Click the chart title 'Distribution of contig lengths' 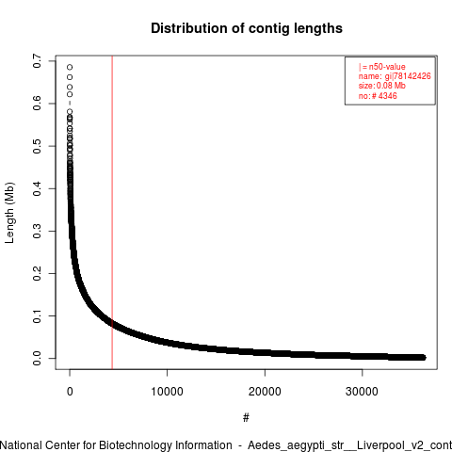point(247,28)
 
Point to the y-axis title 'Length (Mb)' point(9,213)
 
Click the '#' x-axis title point(246,418)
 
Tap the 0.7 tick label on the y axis point(37,61)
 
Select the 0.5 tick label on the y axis point(37,146)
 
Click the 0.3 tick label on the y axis point(37,231)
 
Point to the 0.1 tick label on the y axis point(37,315)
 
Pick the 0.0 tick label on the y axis point(37,358)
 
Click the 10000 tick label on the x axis point(167,392)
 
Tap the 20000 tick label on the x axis point(265,392)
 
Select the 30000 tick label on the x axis point(362,392)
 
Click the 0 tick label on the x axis point(70,392)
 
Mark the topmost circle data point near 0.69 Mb point(70,67)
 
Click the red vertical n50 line point(112,213)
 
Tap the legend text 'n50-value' point(387,67)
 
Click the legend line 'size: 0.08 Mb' point(382,86)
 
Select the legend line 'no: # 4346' point(378,96)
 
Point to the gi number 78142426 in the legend point(412,76)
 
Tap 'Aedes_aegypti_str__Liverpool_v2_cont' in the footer point(349,445)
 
